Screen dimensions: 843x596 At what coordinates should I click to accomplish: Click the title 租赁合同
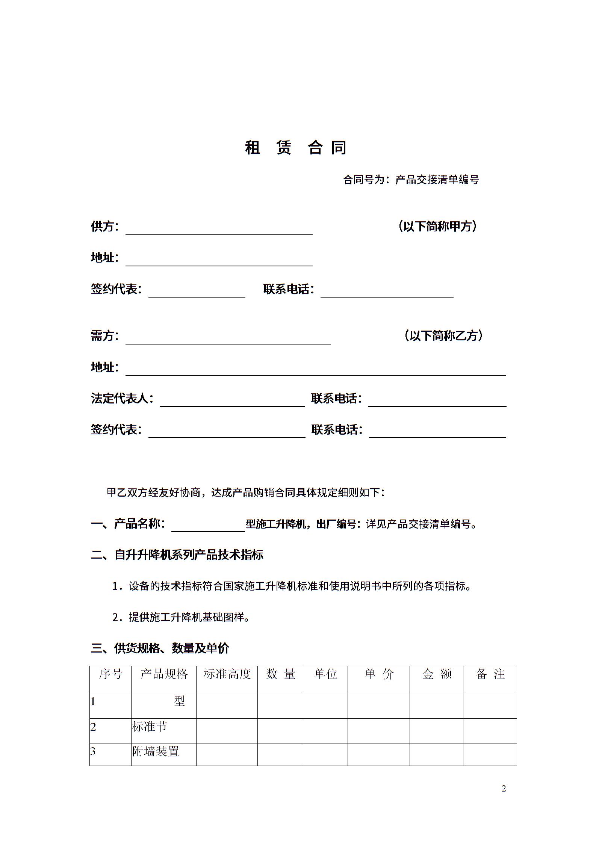(296, 148)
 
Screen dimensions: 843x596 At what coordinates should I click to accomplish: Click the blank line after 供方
(219, 230)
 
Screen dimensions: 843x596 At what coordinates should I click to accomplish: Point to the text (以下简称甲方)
(437, 226)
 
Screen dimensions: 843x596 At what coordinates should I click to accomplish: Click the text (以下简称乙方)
(443, 335)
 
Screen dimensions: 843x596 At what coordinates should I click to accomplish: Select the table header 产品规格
(163, 674)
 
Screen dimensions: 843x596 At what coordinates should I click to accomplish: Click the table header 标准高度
(227, 674)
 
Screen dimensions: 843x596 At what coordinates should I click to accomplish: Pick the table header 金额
(437, 674)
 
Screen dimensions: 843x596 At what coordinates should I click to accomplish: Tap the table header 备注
(490, 674)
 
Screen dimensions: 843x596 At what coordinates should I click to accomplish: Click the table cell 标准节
(149, 727)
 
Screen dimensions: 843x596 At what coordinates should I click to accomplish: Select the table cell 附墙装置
(156, 751)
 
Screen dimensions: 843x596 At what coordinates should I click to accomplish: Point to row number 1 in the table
(93, 701)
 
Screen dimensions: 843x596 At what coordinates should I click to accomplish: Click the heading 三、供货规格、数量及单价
(160, 648)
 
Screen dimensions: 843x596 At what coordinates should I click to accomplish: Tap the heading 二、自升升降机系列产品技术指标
(177, 555)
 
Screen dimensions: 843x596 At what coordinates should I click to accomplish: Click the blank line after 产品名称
(208, 527)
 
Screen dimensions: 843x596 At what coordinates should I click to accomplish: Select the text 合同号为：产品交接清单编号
(411, 180)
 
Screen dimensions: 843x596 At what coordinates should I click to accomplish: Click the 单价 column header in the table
(379, 674)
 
